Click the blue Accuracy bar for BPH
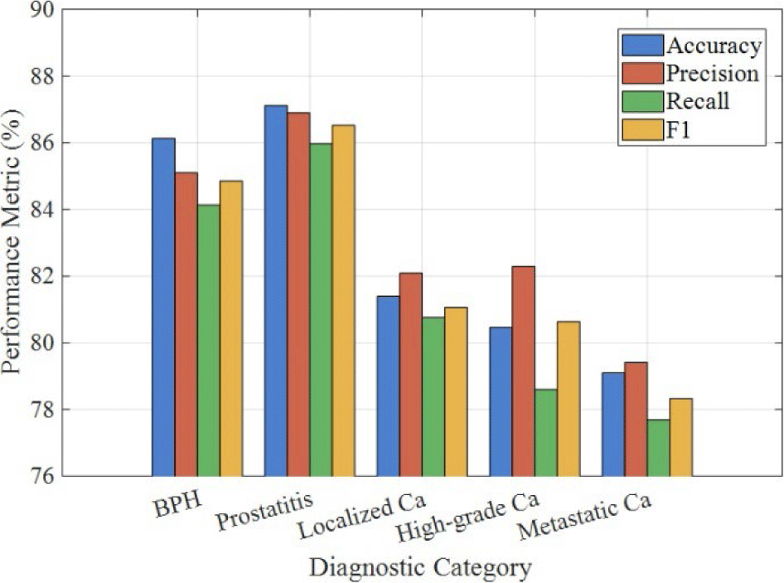(163, 307)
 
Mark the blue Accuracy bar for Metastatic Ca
(613, 424)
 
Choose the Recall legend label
(698, 101)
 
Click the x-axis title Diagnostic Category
(420, 568)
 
